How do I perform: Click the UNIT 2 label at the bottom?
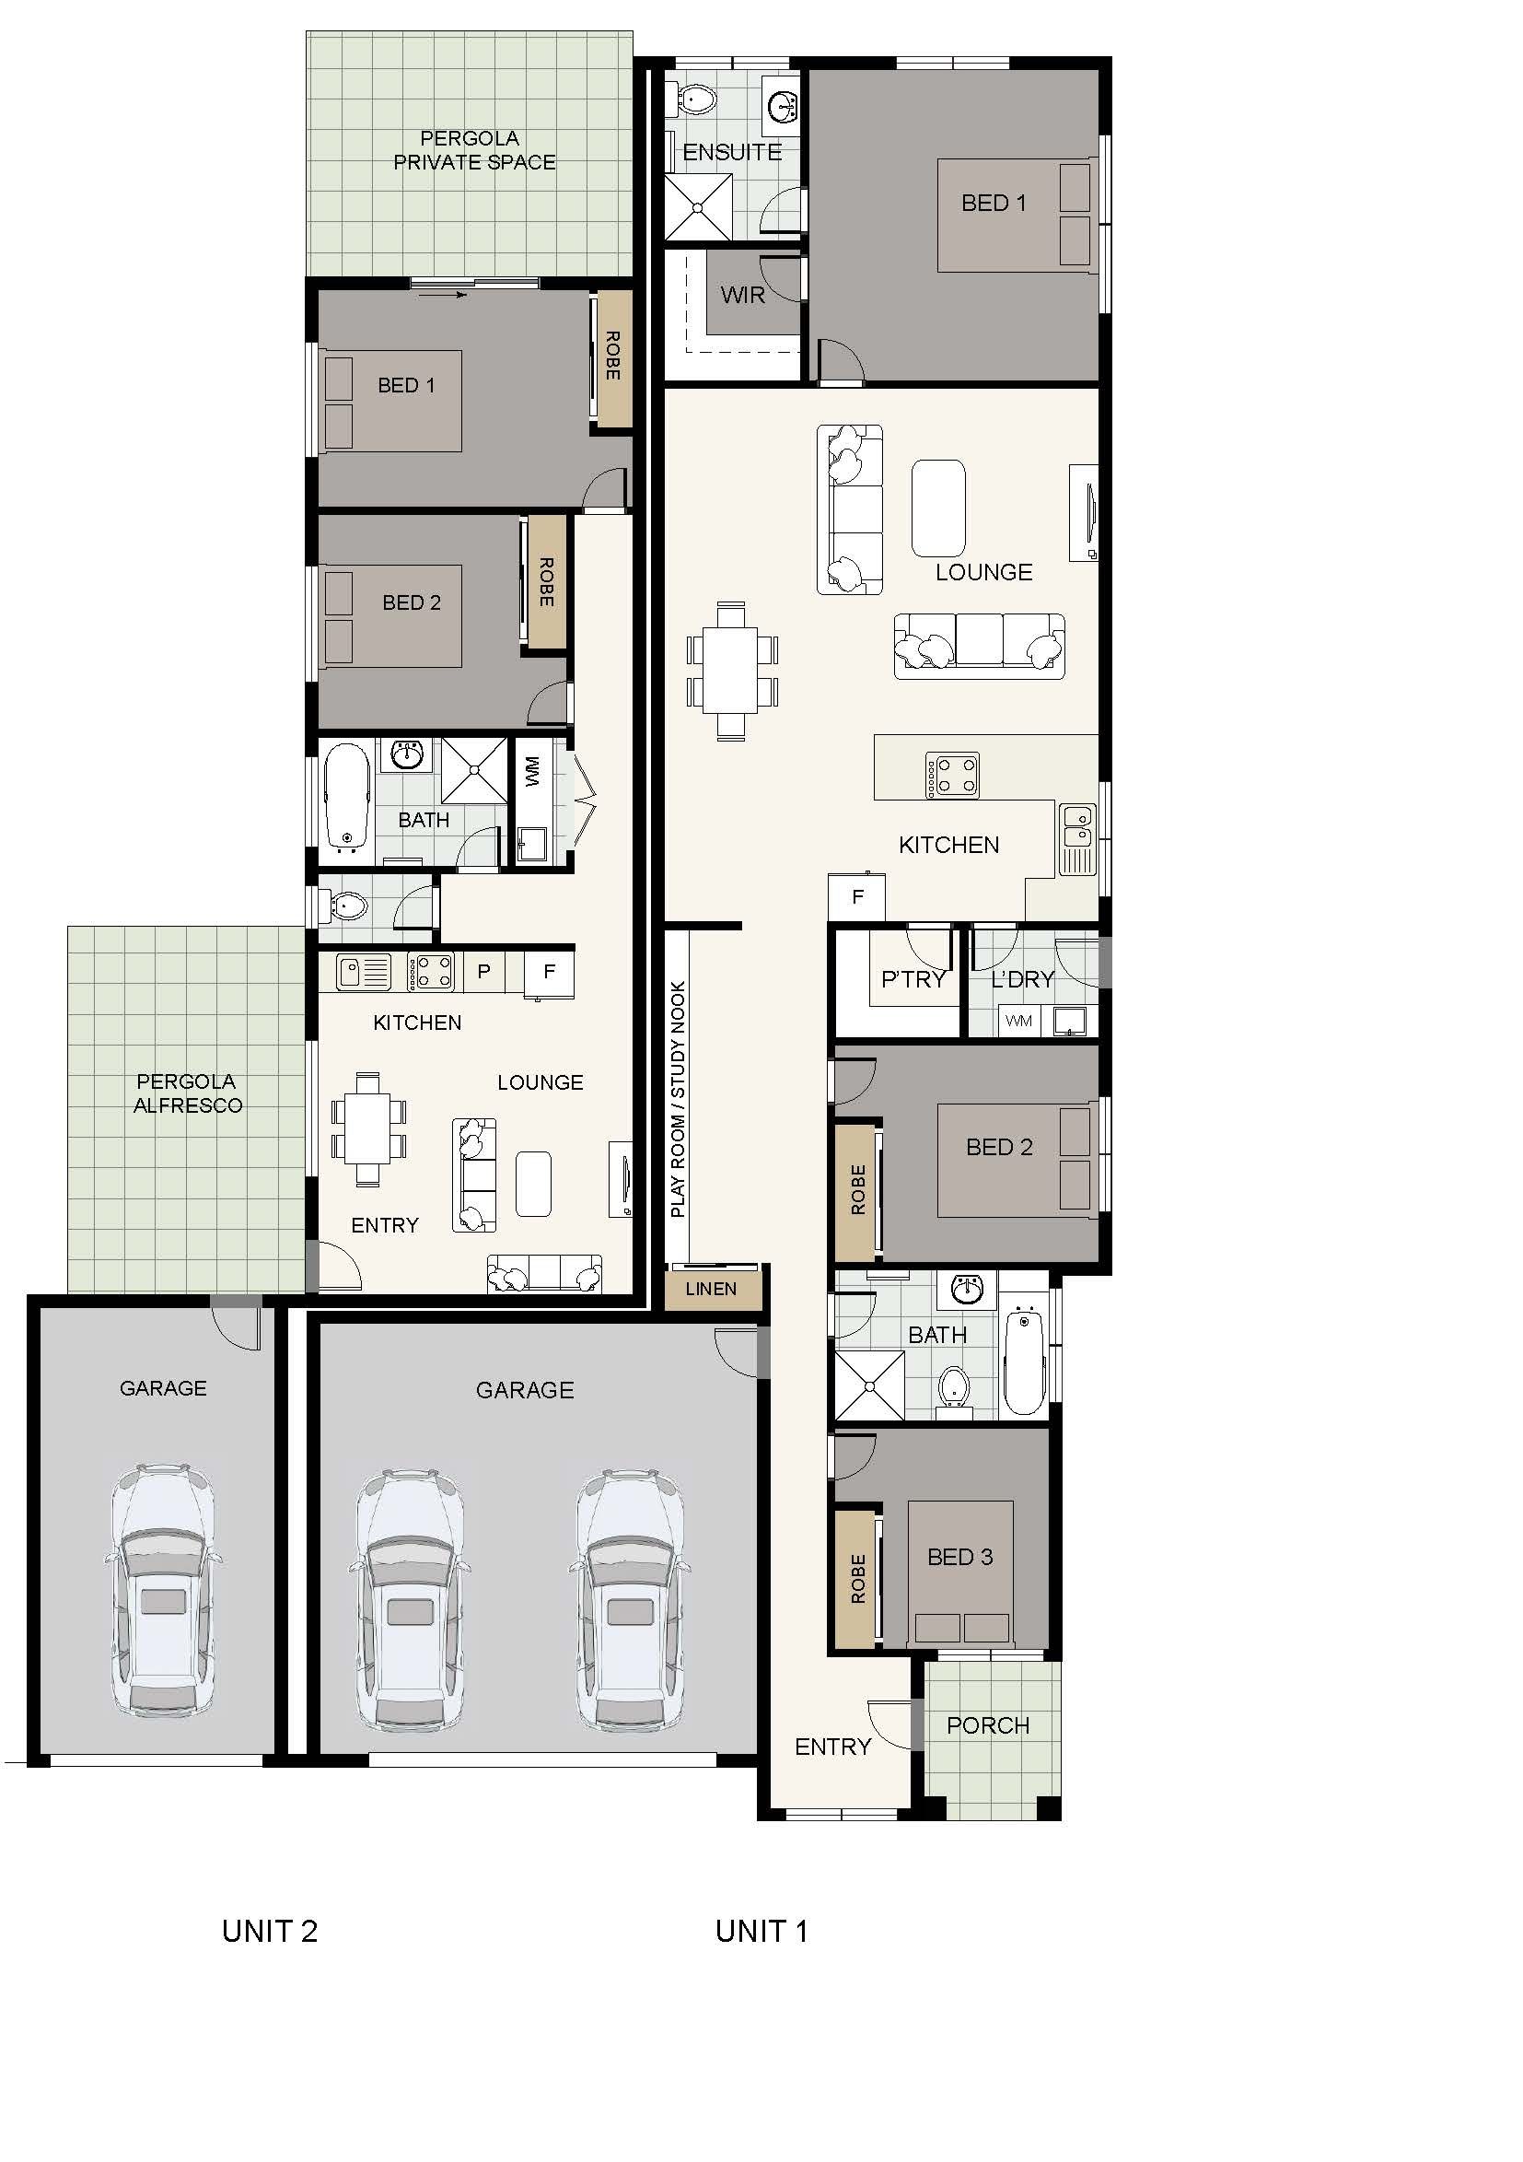pyautogui.click(x=270, y=1932)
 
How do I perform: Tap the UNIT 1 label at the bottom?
pyautogui.click(x=761, y=1932)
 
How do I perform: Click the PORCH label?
pyautogui.click(x=987, y=1726)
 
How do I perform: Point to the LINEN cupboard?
pyautogui.click(x=712, y=1289)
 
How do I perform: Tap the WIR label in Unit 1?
pyautogui.click(x=743, y=296)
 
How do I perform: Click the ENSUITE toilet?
pyautogui.click(x=695, y=97)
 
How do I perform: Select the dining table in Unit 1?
pyautogui.click(x=732, y=671)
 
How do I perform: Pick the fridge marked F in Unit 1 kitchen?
pyautogui.click(x=856, y=896)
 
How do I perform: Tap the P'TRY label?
pyautogui.click(x=913, y=980)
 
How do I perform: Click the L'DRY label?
pyautogui.click(x=1022, y=980)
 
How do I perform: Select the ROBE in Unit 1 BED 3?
pyautogui.click(x=857, y=1579)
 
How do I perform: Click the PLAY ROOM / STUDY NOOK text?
pyautogui.click(x=678, y=1100)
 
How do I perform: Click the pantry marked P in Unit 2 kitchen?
pyautogui.click(x=482, y=972)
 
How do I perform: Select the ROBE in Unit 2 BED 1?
pyautogui.click(x=612, y=357)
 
